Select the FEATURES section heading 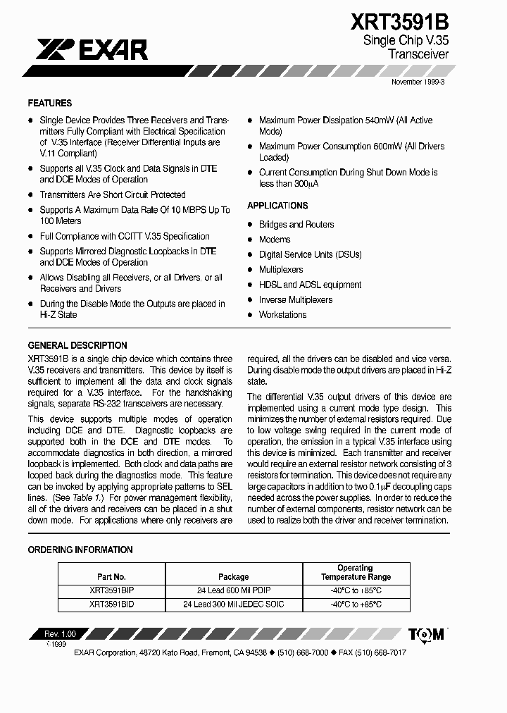coord(50,103)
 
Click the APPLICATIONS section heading coord(277,206)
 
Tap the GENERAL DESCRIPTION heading coord(77,345)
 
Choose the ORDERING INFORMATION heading coord(80,550)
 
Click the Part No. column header coord(111,576)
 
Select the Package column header coord(233,576)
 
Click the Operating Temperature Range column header coord(356,572)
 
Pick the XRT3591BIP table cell coord(111,590)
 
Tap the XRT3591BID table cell coord(111,604)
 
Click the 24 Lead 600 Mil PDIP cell coord(233,590)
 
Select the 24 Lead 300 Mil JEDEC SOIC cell coord(233,604)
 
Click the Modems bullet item coord(275,240)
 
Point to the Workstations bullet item coord(282,315)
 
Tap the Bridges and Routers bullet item coord(296,225)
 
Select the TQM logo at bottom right coord(427,634)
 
